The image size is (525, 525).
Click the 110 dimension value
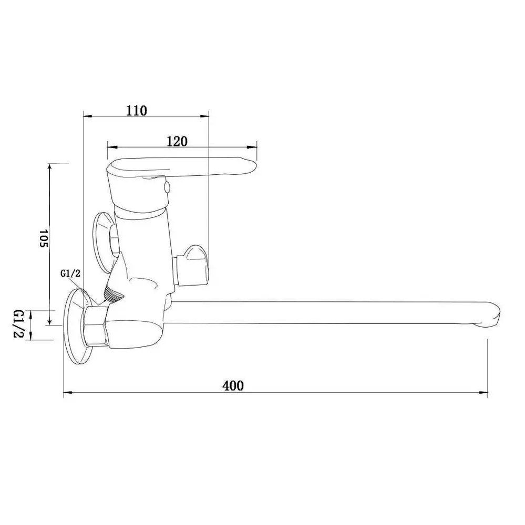(x=137, y=110)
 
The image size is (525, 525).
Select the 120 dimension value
(x=177, y=141)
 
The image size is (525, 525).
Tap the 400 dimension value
(x=233, y=386)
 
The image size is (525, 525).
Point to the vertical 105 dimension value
(x=44, y=238)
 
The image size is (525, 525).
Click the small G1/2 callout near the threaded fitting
(x=70, y=274)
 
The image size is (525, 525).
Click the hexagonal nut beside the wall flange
(x=96, y=325)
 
